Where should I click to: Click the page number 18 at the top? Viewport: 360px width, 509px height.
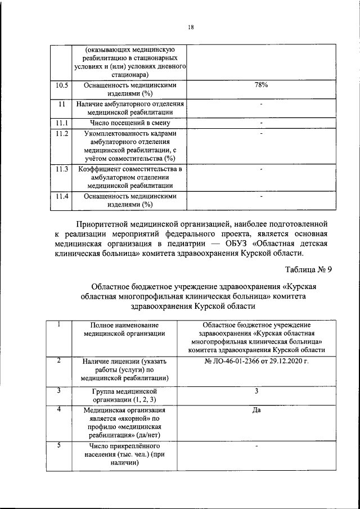191,26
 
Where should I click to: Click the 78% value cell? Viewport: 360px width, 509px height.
261,85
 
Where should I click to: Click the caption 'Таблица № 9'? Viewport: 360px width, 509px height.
308,269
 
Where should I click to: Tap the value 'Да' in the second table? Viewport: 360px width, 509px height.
256,410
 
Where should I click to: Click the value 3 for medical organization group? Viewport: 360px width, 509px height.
256,390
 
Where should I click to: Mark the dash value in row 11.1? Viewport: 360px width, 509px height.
261,123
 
